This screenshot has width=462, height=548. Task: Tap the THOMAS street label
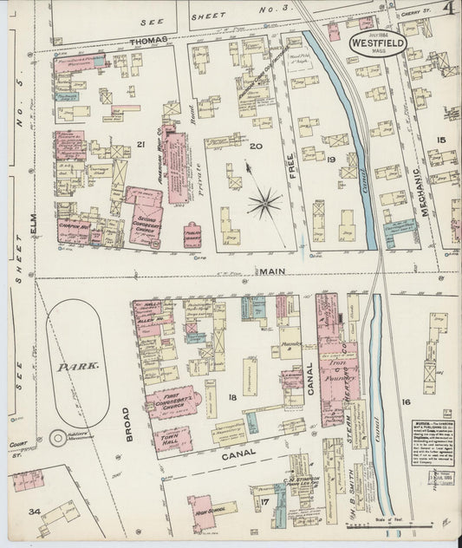[x=149, y=41]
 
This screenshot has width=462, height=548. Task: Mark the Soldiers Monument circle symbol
[x=57, y=439]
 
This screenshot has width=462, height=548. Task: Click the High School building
[x=205, y=510]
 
